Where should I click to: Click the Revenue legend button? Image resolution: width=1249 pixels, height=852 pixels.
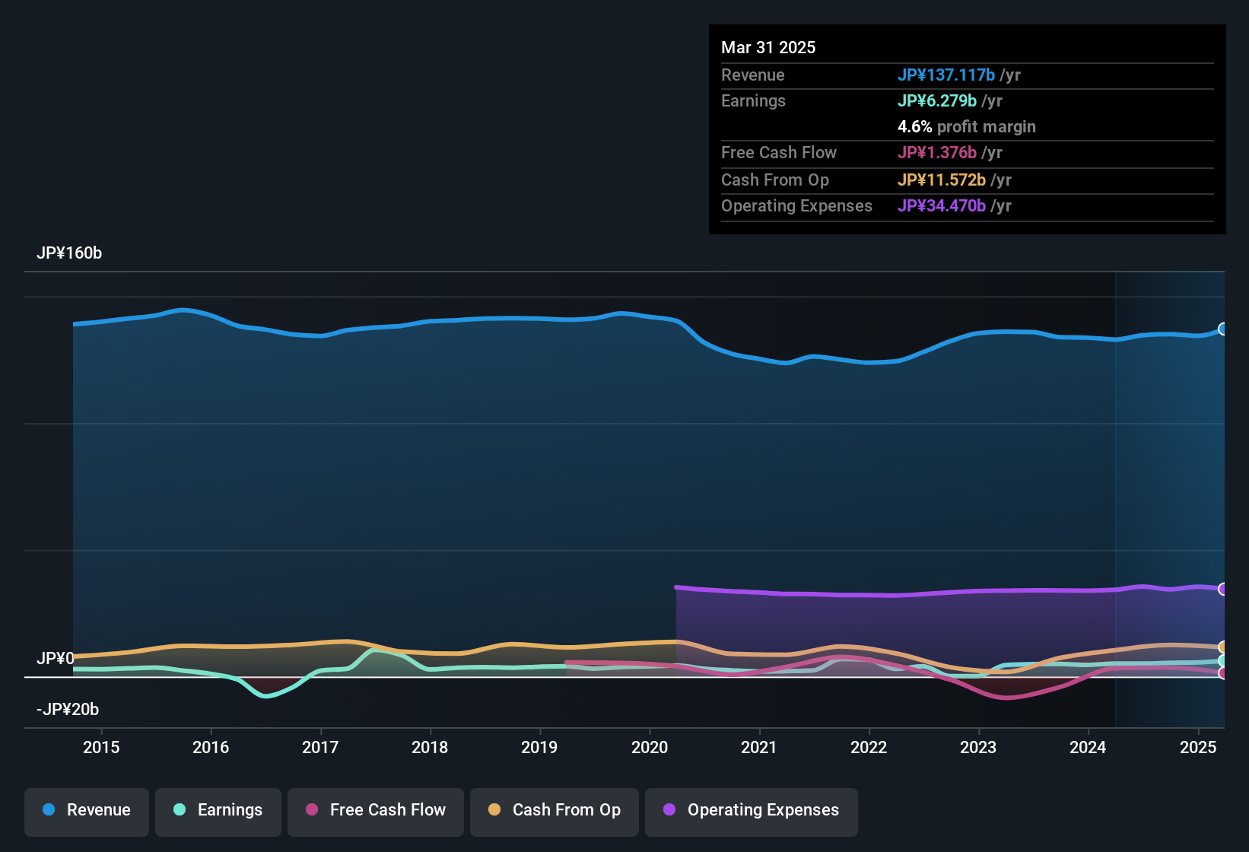tap(87, 810)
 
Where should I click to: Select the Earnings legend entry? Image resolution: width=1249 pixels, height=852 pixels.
tap(218, 810)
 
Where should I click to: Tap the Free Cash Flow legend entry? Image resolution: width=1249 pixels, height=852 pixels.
tap(376, 810)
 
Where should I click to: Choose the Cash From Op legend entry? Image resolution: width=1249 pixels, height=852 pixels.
tap(555, 810)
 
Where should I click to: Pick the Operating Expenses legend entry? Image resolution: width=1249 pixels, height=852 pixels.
tap(752, 810)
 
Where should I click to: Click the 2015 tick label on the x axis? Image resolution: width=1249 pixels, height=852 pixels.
tap(101, 748)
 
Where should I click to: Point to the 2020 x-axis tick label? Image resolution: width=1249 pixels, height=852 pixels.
tap(650, 748)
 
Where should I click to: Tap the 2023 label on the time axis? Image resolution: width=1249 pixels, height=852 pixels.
tap(978, 748)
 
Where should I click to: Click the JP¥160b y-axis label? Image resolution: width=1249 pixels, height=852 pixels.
tap(69, 253)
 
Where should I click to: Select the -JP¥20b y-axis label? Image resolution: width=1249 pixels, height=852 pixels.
tap(68, 710)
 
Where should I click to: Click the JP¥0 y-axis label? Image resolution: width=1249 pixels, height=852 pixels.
tap(56, 659)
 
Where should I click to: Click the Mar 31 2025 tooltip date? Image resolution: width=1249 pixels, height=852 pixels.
tap(768, 48)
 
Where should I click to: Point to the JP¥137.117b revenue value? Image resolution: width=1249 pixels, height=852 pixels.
tap(945, 75)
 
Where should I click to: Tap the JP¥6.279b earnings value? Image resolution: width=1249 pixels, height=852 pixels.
tap(936, 101)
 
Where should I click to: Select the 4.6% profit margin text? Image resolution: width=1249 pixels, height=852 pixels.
tap(966, 127)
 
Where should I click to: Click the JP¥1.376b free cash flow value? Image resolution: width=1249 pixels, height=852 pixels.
tap(936, 153)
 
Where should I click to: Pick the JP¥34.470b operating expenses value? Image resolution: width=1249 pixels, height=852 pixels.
tap(941, 206)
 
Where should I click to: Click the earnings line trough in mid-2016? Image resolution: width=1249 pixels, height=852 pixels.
tap(265, 695)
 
